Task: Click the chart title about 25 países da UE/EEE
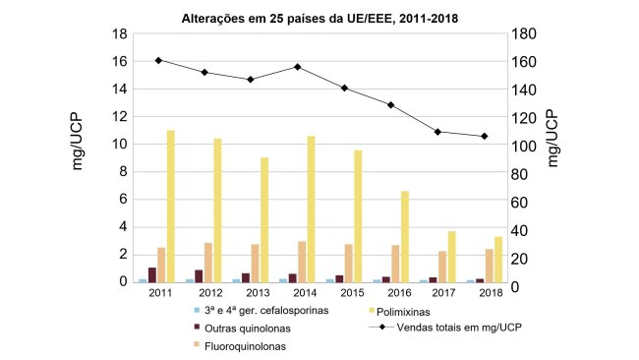pyautogui.click(x=319, y=17)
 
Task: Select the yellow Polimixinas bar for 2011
pyautogui.click(x=170, y=206)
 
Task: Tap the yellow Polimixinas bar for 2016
pyautogui.click(x=404, y=236)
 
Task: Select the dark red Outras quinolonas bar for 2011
pyautogui.click(x=152, y=274)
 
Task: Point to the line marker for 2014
pyautogui.click(x=297, y=67)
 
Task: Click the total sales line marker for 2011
pyautogui.click(x=158, y=60)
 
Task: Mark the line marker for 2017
pyautogui.click(x=437, y=132)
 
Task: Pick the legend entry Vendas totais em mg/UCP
pyautogui.click(x=452, y=328)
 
